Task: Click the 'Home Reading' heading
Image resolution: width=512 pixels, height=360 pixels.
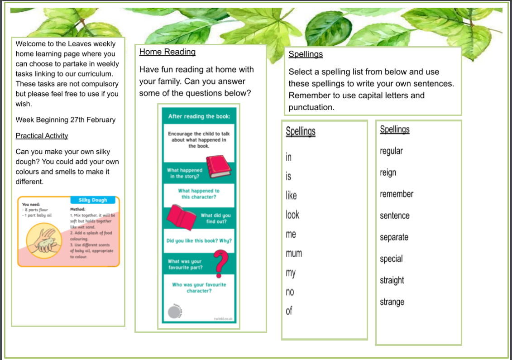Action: tap(167, 52)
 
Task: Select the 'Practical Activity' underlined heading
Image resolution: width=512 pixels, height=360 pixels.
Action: tap(42, 135)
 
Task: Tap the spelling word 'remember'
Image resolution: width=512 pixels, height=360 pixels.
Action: tap(397, 194)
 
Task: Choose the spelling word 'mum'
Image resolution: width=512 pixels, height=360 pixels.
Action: tap(294, 254)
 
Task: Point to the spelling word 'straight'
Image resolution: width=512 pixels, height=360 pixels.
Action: tap(392, 280)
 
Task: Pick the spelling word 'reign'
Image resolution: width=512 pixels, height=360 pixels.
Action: tap(388, 173)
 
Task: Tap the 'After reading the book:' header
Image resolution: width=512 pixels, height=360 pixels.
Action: tap(199, 116)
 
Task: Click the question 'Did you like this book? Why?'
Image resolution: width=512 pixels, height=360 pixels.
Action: tap(199, 240)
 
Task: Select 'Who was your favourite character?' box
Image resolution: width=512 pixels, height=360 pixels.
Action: tap(199, 288)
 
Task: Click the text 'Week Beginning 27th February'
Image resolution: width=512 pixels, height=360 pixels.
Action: tap(65, 120)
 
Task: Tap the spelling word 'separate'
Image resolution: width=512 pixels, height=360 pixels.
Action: tap(394, 237)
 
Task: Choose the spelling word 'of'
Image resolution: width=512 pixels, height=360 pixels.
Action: tap(289, 311)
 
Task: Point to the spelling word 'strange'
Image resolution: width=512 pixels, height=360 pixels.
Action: tap(392, 302)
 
